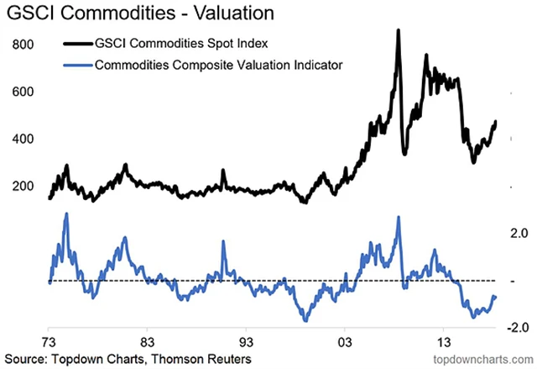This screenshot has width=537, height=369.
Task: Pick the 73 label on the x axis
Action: pyautogui.click(x=50, y=342)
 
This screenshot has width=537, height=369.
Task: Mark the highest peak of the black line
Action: pyautogui.click(x=398, y=30)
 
